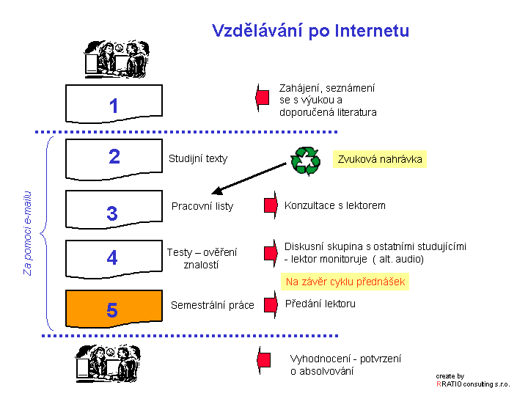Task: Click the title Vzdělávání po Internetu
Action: [x=310, y=31]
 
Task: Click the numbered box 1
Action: [x=114, y=103]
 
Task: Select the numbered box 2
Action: [x=114, y=159]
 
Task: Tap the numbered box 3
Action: [x=114, y=210]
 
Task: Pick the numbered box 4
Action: [x=114, y=259]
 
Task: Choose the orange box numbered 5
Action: [x=114, y=309]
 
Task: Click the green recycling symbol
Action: [x=305, y=161]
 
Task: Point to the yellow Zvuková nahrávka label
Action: [x=380, y=159]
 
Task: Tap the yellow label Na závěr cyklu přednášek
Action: [x=345, y=282]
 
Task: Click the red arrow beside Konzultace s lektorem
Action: [x=271, y=205]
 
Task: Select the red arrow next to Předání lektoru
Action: [x=271, y=304]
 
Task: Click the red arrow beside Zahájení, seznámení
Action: [x=263, y=98]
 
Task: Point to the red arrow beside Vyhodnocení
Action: [x=264, y=360]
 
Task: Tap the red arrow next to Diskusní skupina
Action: [x=271, y=253]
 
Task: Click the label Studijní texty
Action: [x=198, y=158]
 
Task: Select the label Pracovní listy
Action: [x=202, y=206]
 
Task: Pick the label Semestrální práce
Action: [x=213, y=305]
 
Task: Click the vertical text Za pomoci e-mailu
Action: [x=28, y=233]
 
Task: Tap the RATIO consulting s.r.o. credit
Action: [x=473, y=384]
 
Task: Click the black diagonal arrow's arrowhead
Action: [x=217, y=191]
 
